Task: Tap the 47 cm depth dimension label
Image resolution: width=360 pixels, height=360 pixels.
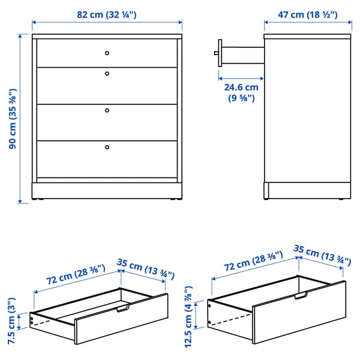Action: click(x=304, y=13)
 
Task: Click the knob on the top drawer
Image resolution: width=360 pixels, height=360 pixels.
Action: click(x=107, y=53)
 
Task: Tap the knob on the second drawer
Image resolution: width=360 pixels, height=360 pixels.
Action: click(x=107, y=74)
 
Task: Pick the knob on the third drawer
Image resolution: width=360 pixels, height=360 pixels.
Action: click(x=107, y=110)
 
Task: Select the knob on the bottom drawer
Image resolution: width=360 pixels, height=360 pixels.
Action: click(x=107, y=146)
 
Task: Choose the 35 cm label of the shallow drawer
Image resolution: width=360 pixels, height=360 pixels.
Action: click(x=145, y=269)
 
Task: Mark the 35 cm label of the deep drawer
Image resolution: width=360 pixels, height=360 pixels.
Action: click(x=322, y=255)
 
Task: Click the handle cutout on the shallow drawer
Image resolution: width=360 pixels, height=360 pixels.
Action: click(x=122, y=309)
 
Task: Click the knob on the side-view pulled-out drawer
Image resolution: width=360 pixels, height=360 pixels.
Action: click(x=216, y=53)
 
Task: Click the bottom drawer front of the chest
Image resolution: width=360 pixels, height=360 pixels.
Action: click(x=107, y=158)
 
